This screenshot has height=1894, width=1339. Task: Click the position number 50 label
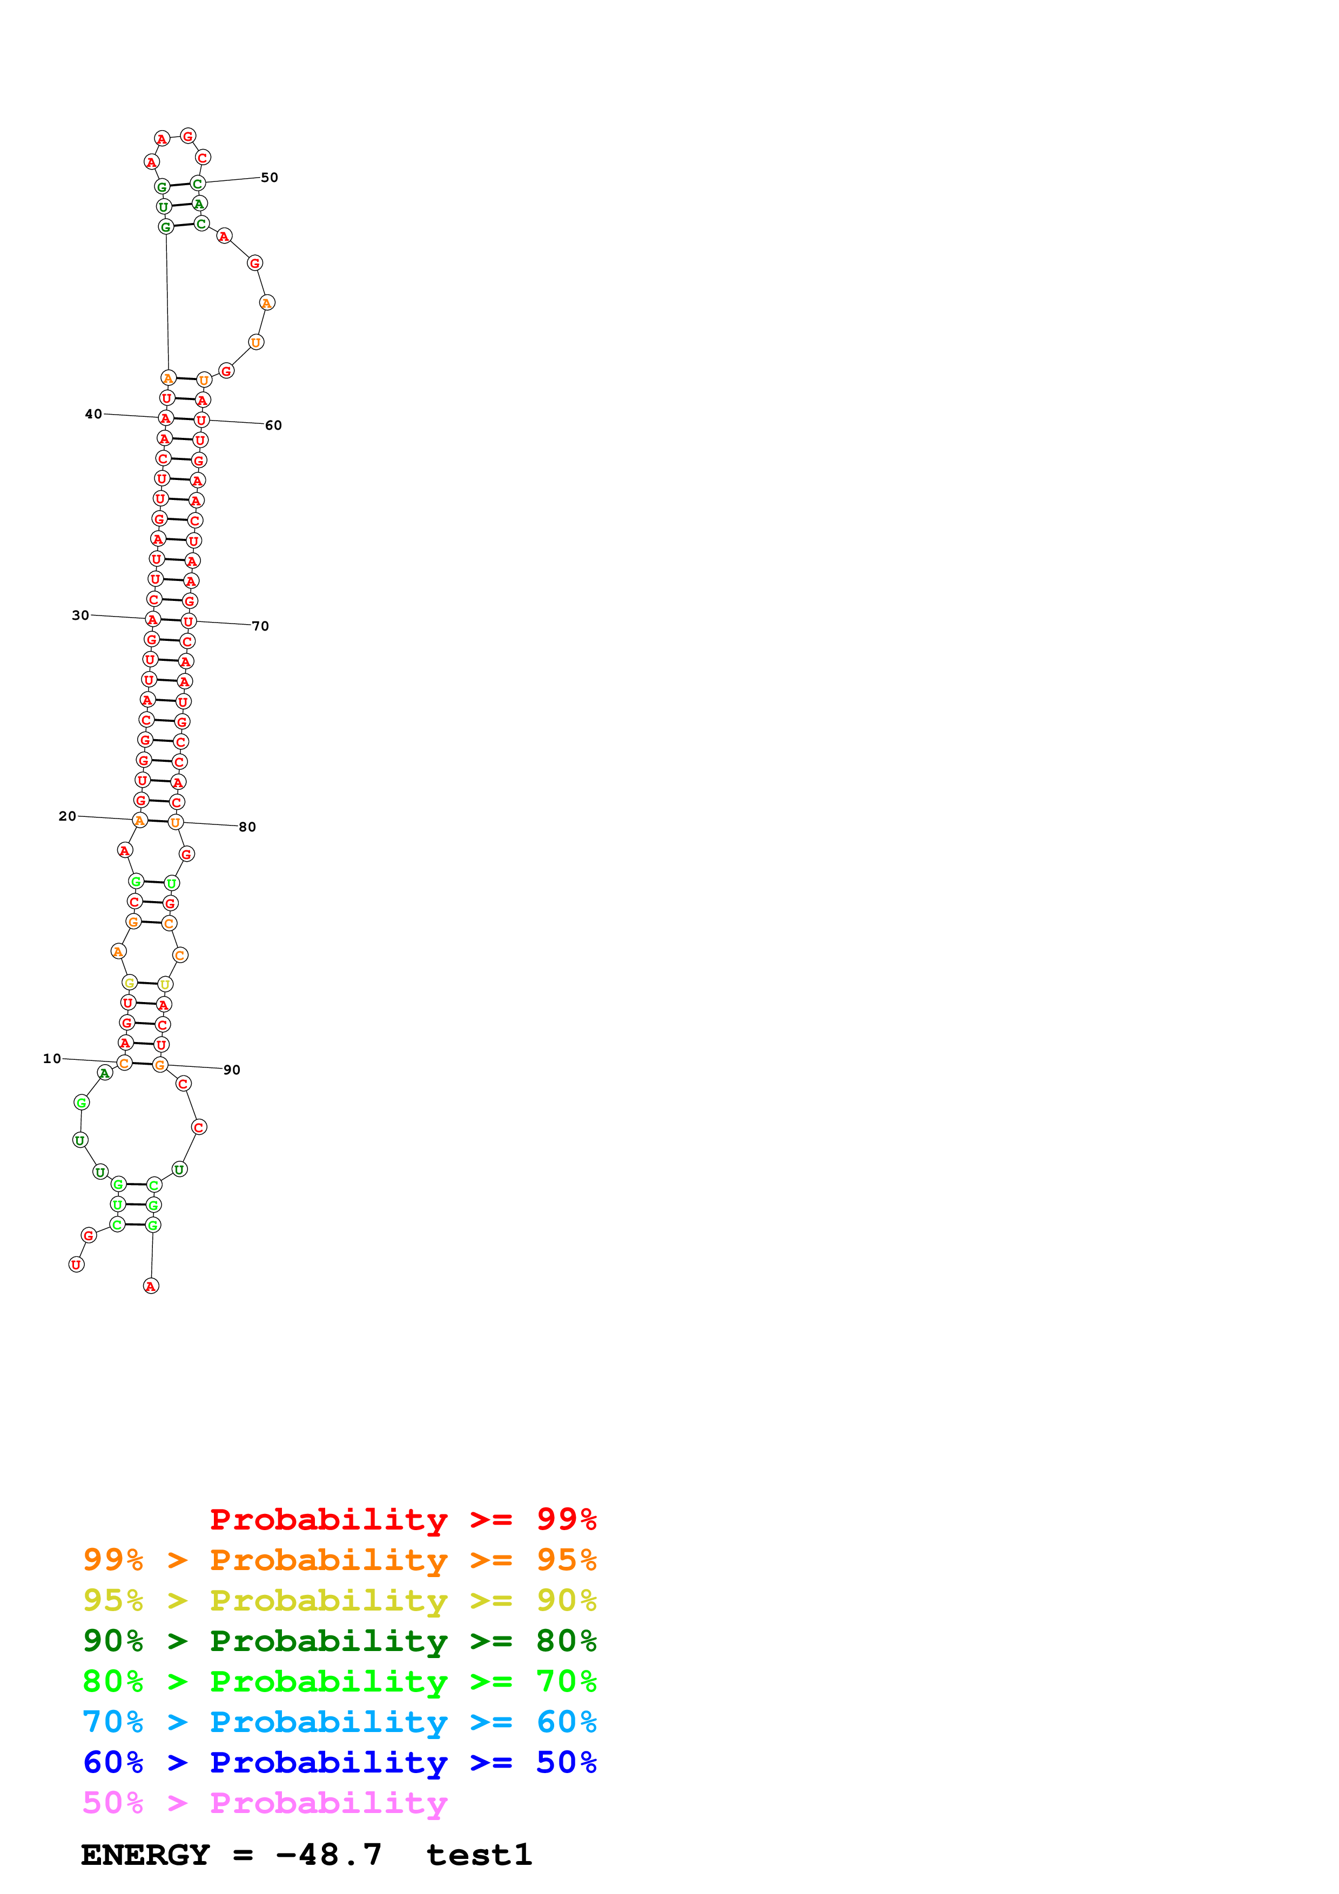tap(269, 177)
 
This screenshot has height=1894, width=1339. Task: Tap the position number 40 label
tap(93, 414)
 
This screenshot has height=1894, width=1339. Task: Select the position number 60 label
tap(273, 425)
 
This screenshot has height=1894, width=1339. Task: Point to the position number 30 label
tap(80, 615)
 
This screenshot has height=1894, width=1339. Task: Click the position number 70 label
tap(260, 626)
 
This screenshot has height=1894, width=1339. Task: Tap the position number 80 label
tap(247, 827)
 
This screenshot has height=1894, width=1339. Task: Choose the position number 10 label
tap(52, 1058)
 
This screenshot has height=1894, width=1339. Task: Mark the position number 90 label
tap(232, 1070)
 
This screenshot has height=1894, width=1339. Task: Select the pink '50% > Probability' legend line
tap(265, 1803)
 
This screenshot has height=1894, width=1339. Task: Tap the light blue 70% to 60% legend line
tap(339, 1722)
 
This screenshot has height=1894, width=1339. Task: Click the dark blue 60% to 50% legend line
tap(339, 1763)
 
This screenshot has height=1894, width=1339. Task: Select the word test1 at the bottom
tap(479, 1855)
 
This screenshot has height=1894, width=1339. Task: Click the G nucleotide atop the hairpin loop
tap(188, 136)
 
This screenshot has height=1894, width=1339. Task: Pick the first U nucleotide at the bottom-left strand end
tap(76, 1264)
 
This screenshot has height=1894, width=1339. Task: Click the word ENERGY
tap(145, 1855)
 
